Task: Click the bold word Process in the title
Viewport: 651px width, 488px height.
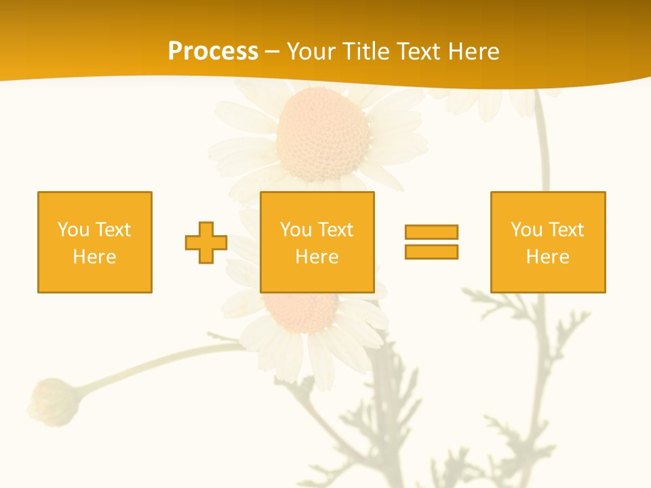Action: pyautogui.click(x=213, y=52)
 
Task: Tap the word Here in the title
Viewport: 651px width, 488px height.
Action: pyautogui.click(x=474, y=52)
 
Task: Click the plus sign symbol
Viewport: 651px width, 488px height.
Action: pyautogui.click(x=206, y=243)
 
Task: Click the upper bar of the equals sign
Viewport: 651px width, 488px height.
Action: pyautogui.click(x=431, y=232)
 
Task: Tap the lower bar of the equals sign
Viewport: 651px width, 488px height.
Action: pyautogui.click(x=431, y=251)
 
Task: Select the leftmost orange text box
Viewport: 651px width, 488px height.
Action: pyautogui.click(x=95, y=242)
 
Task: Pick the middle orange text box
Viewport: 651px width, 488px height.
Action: pyautogui.click(x=317, y=242)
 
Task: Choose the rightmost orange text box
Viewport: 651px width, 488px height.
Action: pyautogui.click(x=548, y=242)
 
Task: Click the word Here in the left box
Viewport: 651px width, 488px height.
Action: pyautogui.click(x=94, y=257)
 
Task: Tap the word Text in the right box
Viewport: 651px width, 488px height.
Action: pyautogui.click(x=567, y=230)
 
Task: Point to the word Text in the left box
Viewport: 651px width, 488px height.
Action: pyautogui.click(x=114, y=230)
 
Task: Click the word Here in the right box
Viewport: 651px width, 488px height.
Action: pyautogui.click(x=547, y=257)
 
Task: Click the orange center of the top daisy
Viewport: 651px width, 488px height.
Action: pyautogui.click(x=323, y=133)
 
